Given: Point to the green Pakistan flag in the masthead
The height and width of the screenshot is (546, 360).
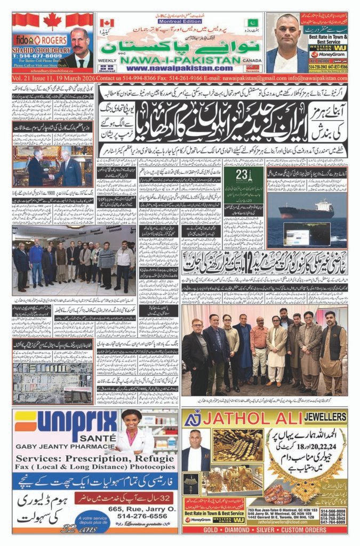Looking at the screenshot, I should pyautogui.click(x=251, y=23).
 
